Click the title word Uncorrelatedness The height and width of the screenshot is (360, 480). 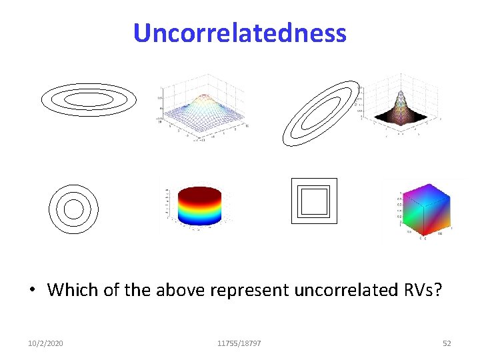tap(239, 33)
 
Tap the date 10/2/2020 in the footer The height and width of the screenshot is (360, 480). tap(46, 343)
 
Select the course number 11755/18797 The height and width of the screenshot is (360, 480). tap(239, 343)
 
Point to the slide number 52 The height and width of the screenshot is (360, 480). tap(447, 343)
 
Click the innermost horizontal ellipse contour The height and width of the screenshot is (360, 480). tap(89, 99)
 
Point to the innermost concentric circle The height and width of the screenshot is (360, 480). tap(73, 209)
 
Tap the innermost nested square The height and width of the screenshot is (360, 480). tap(314, 201)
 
